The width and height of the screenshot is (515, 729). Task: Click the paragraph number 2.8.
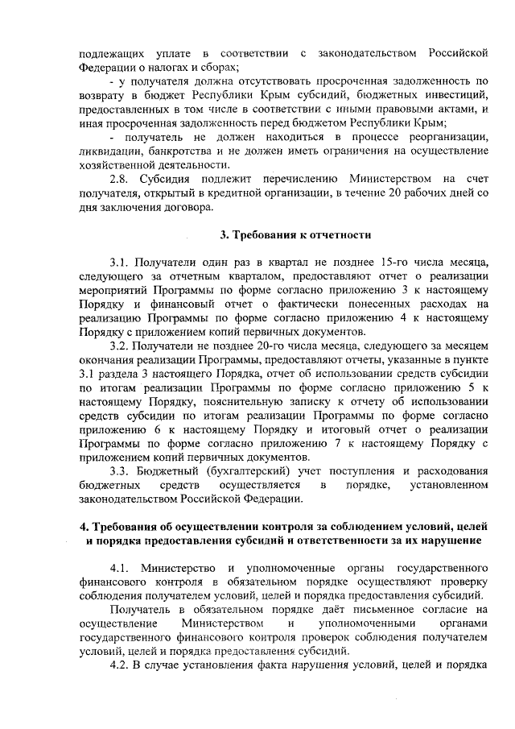coord(122,178)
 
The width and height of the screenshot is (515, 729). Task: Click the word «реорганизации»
coord(445,136)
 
